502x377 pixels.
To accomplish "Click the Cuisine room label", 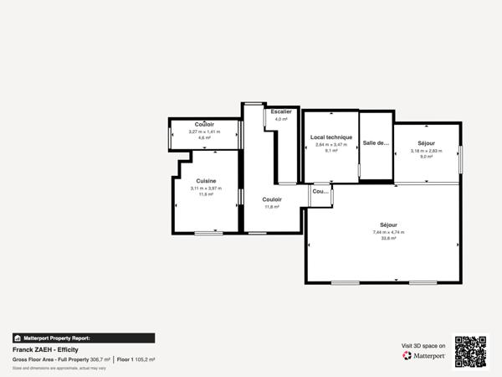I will click(x=206, y=181).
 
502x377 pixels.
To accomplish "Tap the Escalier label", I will click(x=281, y=111).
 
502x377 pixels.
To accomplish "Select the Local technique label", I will click(x=330, y=137).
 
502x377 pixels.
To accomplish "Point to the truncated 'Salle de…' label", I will click(x=376, y=142).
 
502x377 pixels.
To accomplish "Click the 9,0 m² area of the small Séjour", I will click(x=426, y=157).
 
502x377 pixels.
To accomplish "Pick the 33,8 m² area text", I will click(x=388, y=238).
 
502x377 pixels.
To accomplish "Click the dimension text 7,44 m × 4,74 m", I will click(x=388, y=232).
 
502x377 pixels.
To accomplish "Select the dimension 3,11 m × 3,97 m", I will click(x=206, y=188).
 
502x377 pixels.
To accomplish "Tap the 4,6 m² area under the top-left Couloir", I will click(x=204, y=137).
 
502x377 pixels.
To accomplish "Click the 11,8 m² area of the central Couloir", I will click(x=271, y=206).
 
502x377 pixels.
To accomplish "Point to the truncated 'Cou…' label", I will click(x=320, y=191).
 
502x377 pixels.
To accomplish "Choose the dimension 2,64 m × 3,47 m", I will click(x=330, y=144).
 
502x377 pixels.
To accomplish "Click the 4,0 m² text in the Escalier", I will click(x=281, y=119).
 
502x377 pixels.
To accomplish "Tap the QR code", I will click(x=470, y=351).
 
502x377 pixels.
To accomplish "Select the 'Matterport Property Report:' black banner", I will click(x=83, y=338).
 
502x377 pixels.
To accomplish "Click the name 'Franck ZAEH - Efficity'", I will click(x=45, y=349).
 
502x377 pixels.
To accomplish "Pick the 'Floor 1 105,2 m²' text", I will click(x=136, y=359).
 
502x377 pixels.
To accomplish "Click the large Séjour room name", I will click(x=388, y=225).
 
